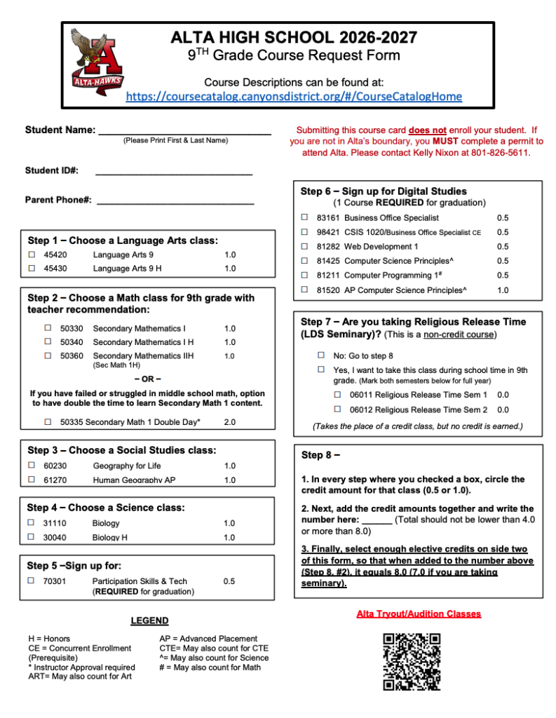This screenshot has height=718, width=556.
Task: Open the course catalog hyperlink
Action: pos(294,97)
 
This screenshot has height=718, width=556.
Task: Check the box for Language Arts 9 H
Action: pos(32,269)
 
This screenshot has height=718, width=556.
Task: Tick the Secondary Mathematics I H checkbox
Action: pos(48,341)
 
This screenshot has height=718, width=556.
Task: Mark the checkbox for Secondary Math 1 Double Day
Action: pos(48,422)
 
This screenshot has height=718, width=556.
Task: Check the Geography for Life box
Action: pos(32,465)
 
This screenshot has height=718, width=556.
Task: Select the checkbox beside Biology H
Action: pos(32,537)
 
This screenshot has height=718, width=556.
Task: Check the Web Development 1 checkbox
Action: pos(304,246)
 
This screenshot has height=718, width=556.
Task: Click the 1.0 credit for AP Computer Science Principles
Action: pos(503,290)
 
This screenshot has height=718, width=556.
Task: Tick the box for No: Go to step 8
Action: pos(321,355)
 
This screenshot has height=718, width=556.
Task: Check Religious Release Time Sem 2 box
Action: pos(337,409)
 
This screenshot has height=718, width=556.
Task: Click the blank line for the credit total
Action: pos(377,521)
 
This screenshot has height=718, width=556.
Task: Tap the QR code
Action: pos(412,662)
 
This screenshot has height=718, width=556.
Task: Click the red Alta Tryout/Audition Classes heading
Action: pos(419,614)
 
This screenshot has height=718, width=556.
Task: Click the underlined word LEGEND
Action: pos(149,621)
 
